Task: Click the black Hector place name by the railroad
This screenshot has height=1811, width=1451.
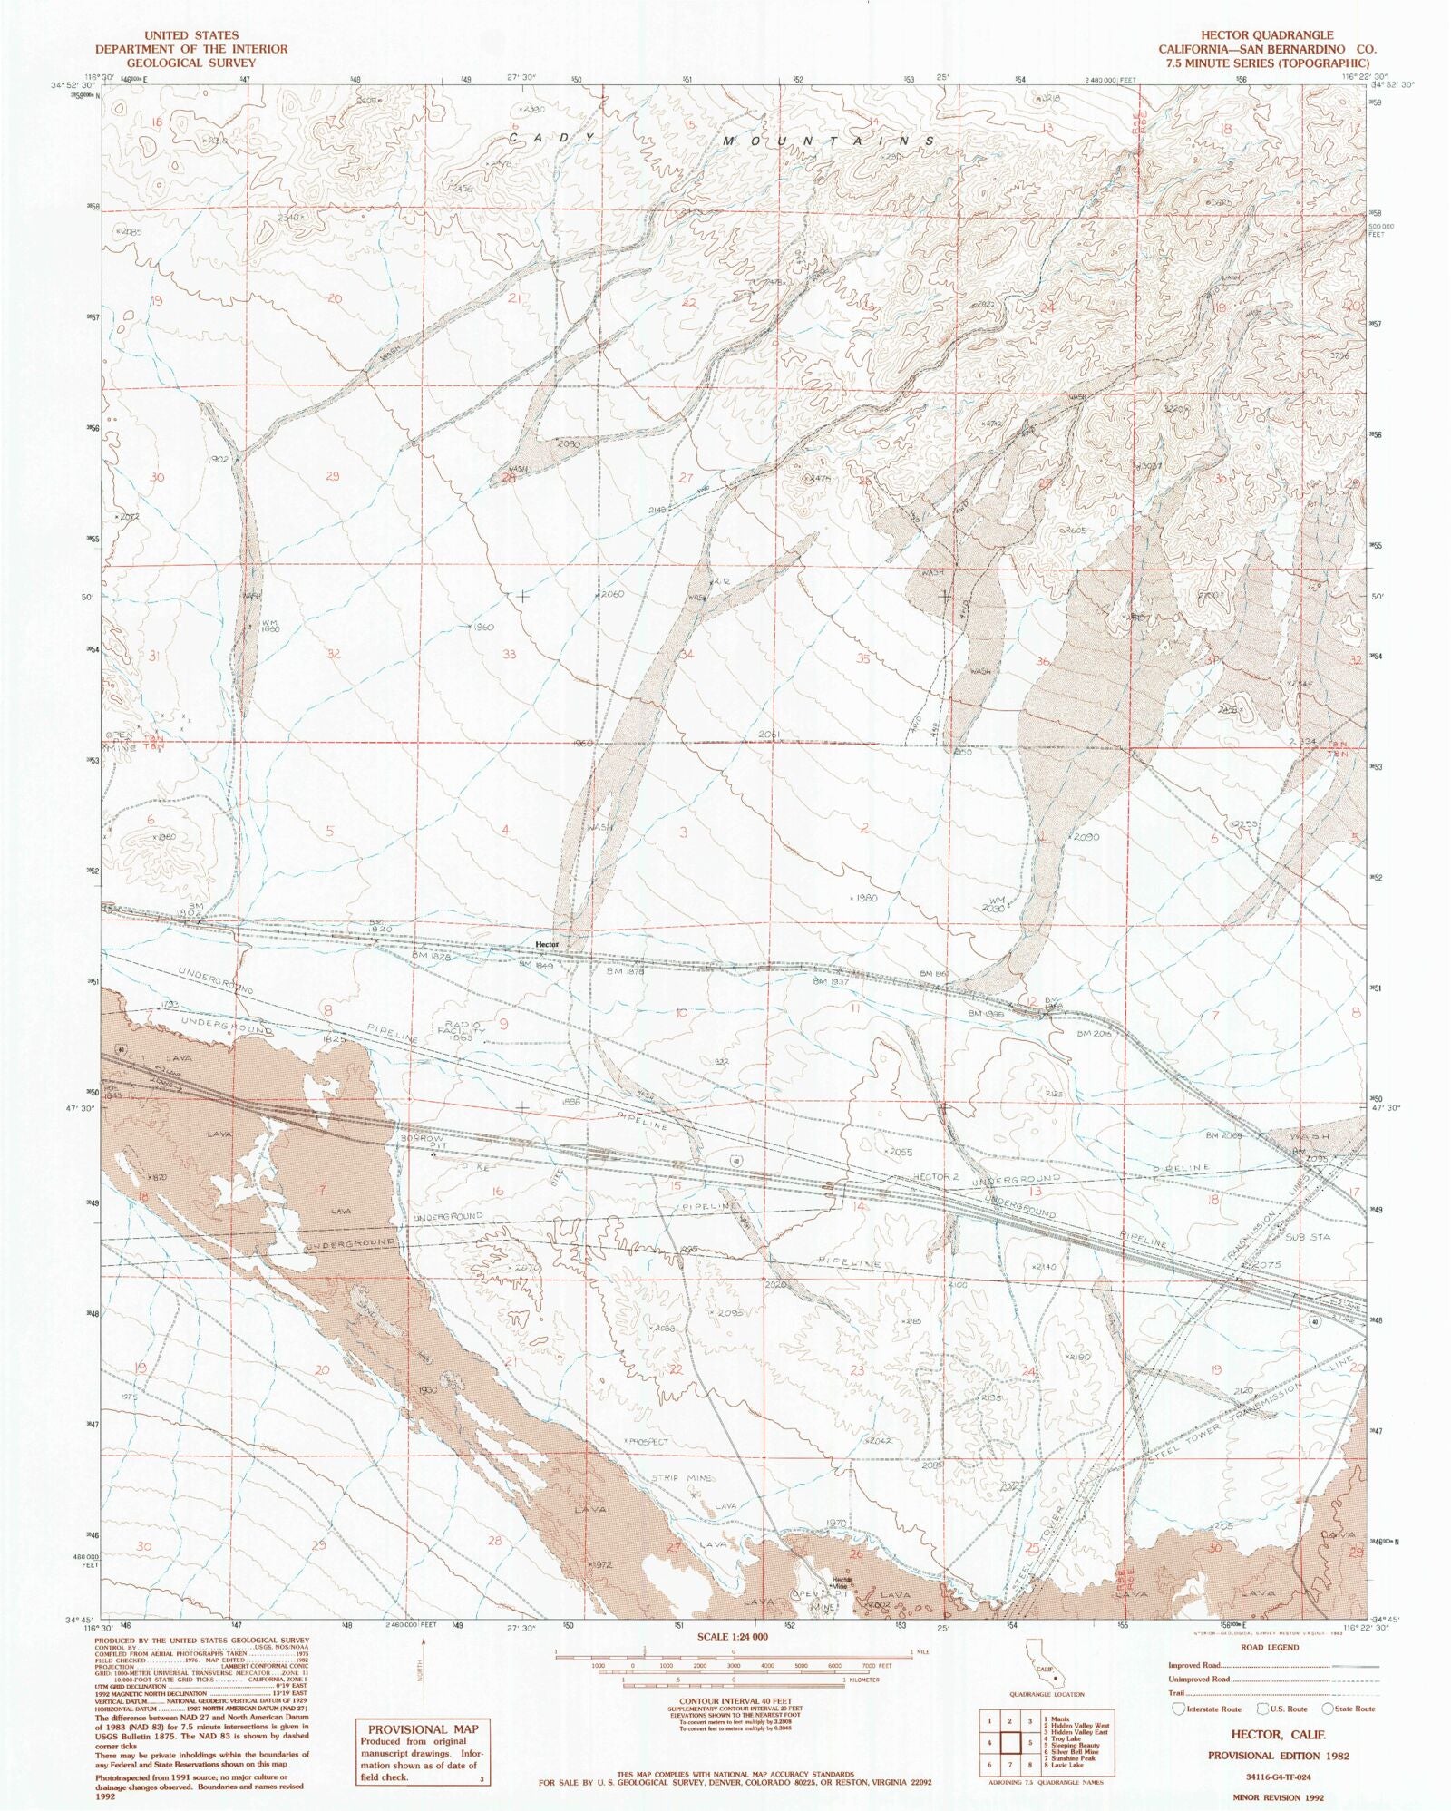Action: [548, 944]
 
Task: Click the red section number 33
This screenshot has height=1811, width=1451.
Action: [510, 655]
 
